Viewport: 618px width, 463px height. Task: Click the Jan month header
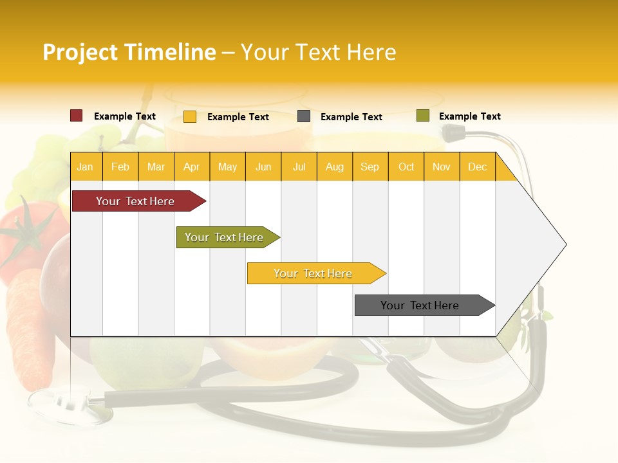pyautogui.click(x=85, y=167)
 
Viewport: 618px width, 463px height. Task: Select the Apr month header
pyautogui.click(x=191, y=167)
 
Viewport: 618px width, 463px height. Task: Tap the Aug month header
pyautogui.click(x=334, y=167)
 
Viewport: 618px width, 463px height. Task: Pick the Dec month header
pyautogui.click(x=477, y=167)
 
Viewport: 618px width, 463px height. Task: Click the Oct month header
pyautogui.click(x=406, y=167)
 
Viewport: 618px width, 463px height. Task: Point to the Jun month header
pyautogui.click(x=263, y=167)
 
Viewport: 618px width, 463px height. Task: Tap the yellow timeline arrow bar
pyautogui.click(x=314, y=273)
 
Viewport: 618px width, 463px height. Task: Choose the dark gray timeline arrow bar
pyautogui.click(x=422, y=305)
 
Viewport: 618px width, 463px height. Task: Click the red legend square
pyautogui.click(x=77, y=116)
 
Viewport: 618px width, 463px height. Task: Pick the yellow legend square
pyautogui.click(x=190, y=116)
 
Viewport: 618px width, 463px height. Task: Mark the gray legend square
pyautogui.click(x=304, y=116)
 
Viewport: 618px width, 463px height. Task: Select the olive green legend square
pyautogui.click(x=423, y=116)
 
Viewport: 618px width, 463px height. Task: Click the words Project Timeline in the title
pyautogui.click(x=129, y=52)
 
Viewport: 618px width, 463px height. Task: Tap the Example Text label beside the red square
pyautogui.click(x=125, y=116)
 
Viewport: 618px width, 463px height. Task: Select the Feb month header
pyautogui.click(x=120, y=167)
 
